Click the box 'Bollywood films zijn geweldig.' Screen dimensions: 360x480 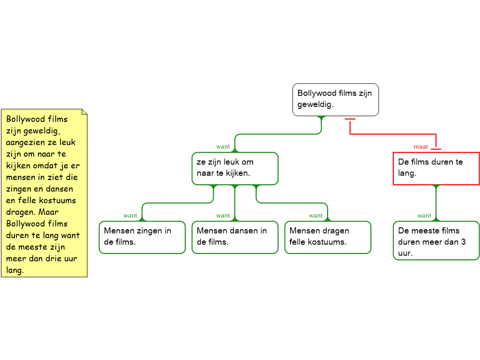335,99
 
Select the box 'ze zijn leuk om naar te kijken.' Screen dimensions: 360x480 235,168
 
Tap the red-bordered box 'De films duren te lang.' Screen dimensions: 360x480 436,168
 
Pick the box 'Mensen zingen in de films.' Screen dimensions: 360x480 142,237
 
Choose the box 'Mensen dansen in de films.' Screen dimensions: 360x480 235,237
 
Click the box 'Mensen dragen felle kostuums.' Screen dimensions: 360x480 328,237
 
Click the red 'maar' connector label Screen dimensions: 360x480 420,147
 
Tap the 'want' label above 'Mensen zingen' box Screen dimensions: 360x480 130,216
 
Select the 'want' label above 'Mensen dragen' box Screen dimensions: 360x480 316,216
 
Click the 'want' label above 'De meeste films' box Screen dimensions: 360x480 424,216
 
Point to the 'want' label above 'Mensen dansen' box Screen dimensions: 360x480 223,216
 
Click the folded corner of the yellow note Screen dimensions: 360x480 84,112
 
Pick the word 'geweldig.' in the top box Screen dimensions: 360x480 315,105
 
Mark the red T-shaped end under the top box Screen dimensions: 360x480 350,119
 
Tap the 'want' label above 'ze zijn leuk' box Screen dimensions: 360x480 223,147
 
